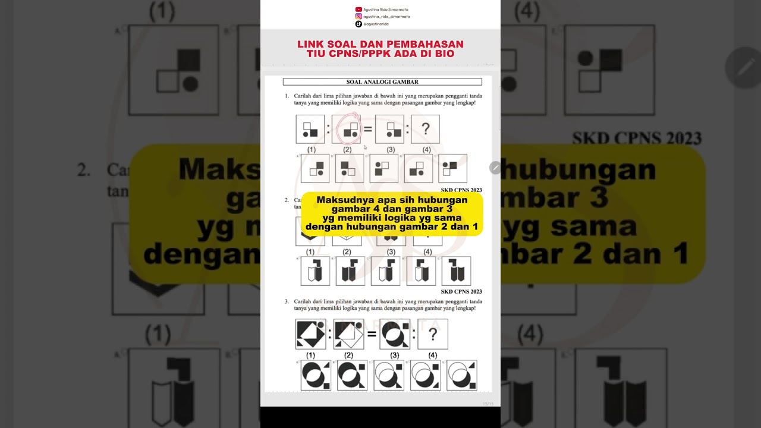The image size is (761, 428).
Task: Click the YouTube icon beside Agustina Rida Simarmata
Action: pyautogui.click(x=359, y=10)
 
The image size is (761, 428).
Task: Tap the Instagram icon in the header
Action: pyautogui.click(x=359, y=17)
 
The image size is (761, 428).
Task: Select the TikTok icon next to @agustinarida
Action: pyautogui.click(x=359, y=24)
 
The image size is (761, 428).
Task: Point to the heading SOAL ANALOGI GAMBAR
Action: pyautogui.click(x=382, y=82)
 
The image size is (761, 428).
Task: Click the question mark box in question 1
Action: pyautogui.click(x=425, y=129)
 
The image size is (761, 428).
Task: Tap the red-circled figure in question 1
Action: pyautogui.click(x=347, y=129)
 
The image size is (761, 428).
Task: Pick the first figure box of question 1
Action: pyautogui.click(x=310, y=129)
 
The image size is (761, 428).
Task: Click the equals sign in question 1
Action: pyautogui.click(x=368, y=129)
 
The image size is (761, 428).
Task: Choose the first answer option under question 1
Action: pyautogui.click(x=315, y=168)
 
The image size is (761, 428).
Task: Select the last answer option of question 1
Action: pyautogui.click(x=452, y=168)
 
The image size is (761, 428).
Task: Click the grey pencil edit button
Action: pyautogui.click(x=495, y=168)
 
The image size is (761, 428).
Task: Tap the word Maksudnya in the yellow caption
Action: pyautogui.click(x=341, y=200)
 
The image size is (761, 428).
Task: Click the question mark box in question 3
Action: pyautogui.click(x=433, y=334)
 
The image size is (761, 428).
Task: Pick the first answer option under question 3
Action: pyautogui.click(x=315, y=375)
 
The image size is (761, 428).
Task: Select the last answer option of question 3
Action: pyautogui.click(x=462, y=375)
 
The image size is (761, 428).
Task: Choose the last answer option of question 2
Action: pyautogui.click(x=456, y=271)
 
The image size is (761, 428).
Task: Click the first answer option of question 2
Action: pyautogui.click(x=315, y=271)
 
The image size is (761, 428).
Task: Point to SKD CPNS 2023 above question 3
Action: pyautogui.click(x=461, y=291)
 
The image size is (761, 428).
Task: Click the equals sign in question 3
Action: pyautogui.click(x=372, y=334)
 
